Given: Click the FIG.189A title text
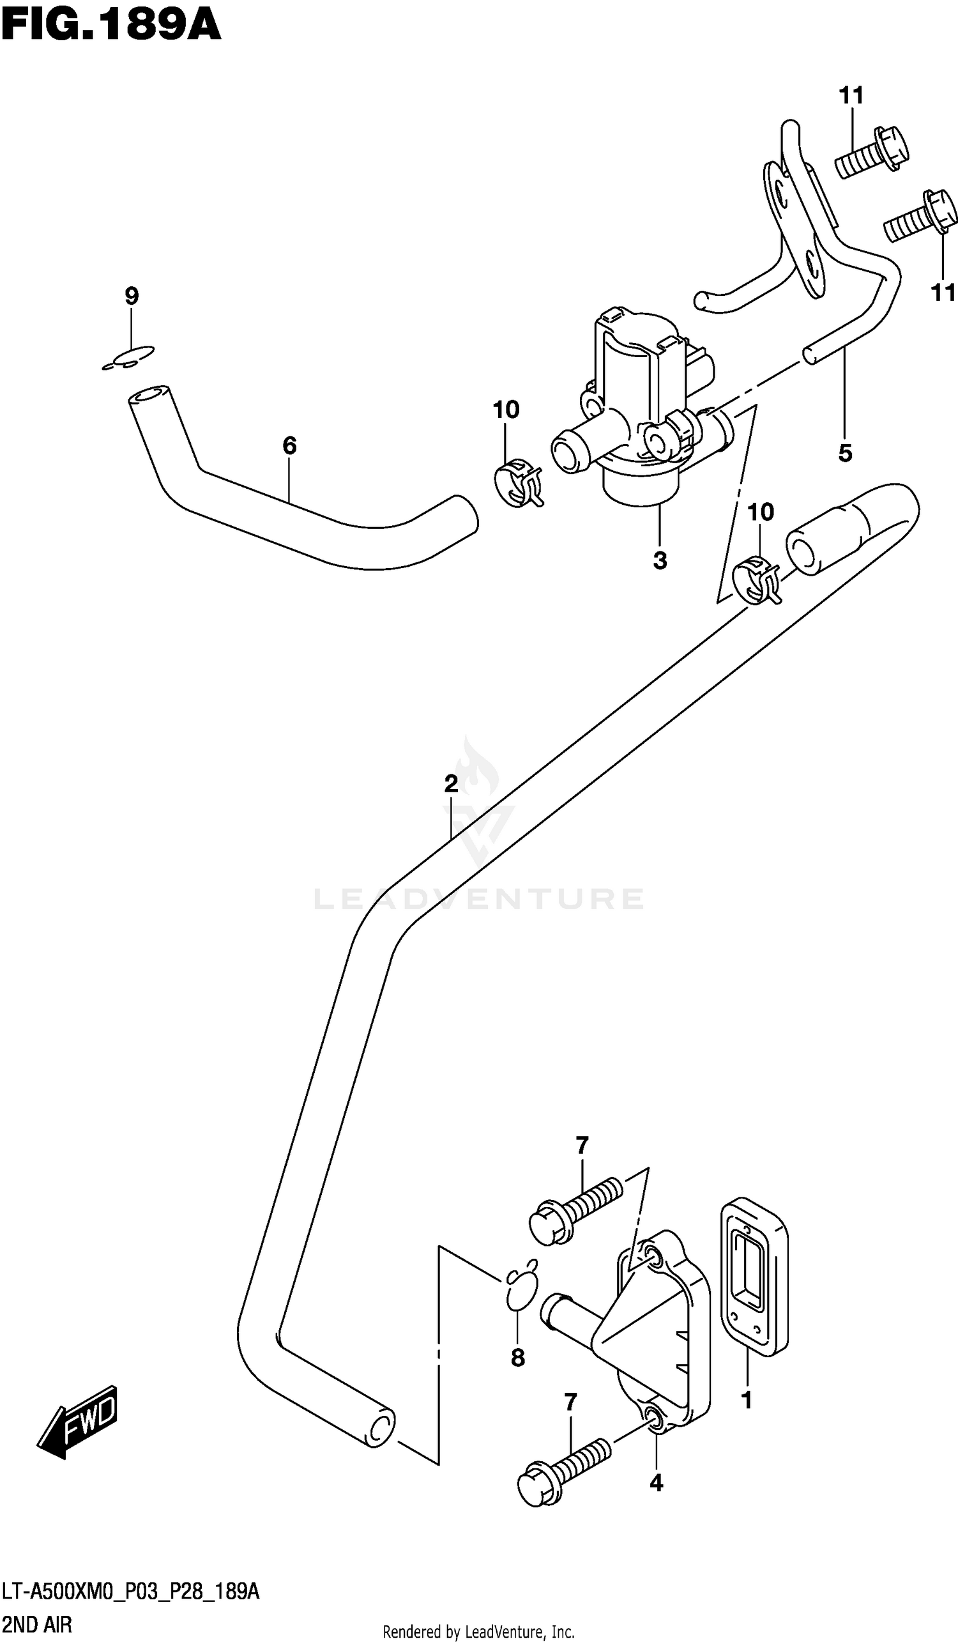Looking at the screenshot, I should click(x=111, y=26).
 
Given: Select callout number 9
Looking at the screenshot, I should click(x=132, y=296).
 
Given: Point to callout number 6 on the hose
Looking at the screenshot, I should click(x=289, y=445).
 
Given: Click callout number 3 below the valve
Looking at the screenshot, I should click(x=659, y=560).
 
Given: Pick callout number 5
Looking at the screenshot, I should click(x=845, y=453).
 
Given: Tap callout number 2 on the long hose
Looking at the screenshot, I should click(x=452, y=783).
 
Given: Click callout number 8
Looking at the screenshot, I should click(x=518, y=1358).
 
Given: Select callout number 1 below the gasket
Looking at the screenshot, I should click(x=747, y=1400).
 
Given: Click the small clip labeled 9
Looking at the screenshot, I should click(x=129, y=358).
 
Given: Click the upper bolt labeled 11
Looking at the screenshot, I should click(x=872, y=152).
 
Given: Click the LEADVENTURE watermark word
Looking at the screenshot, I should click(x=480, y=899).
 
